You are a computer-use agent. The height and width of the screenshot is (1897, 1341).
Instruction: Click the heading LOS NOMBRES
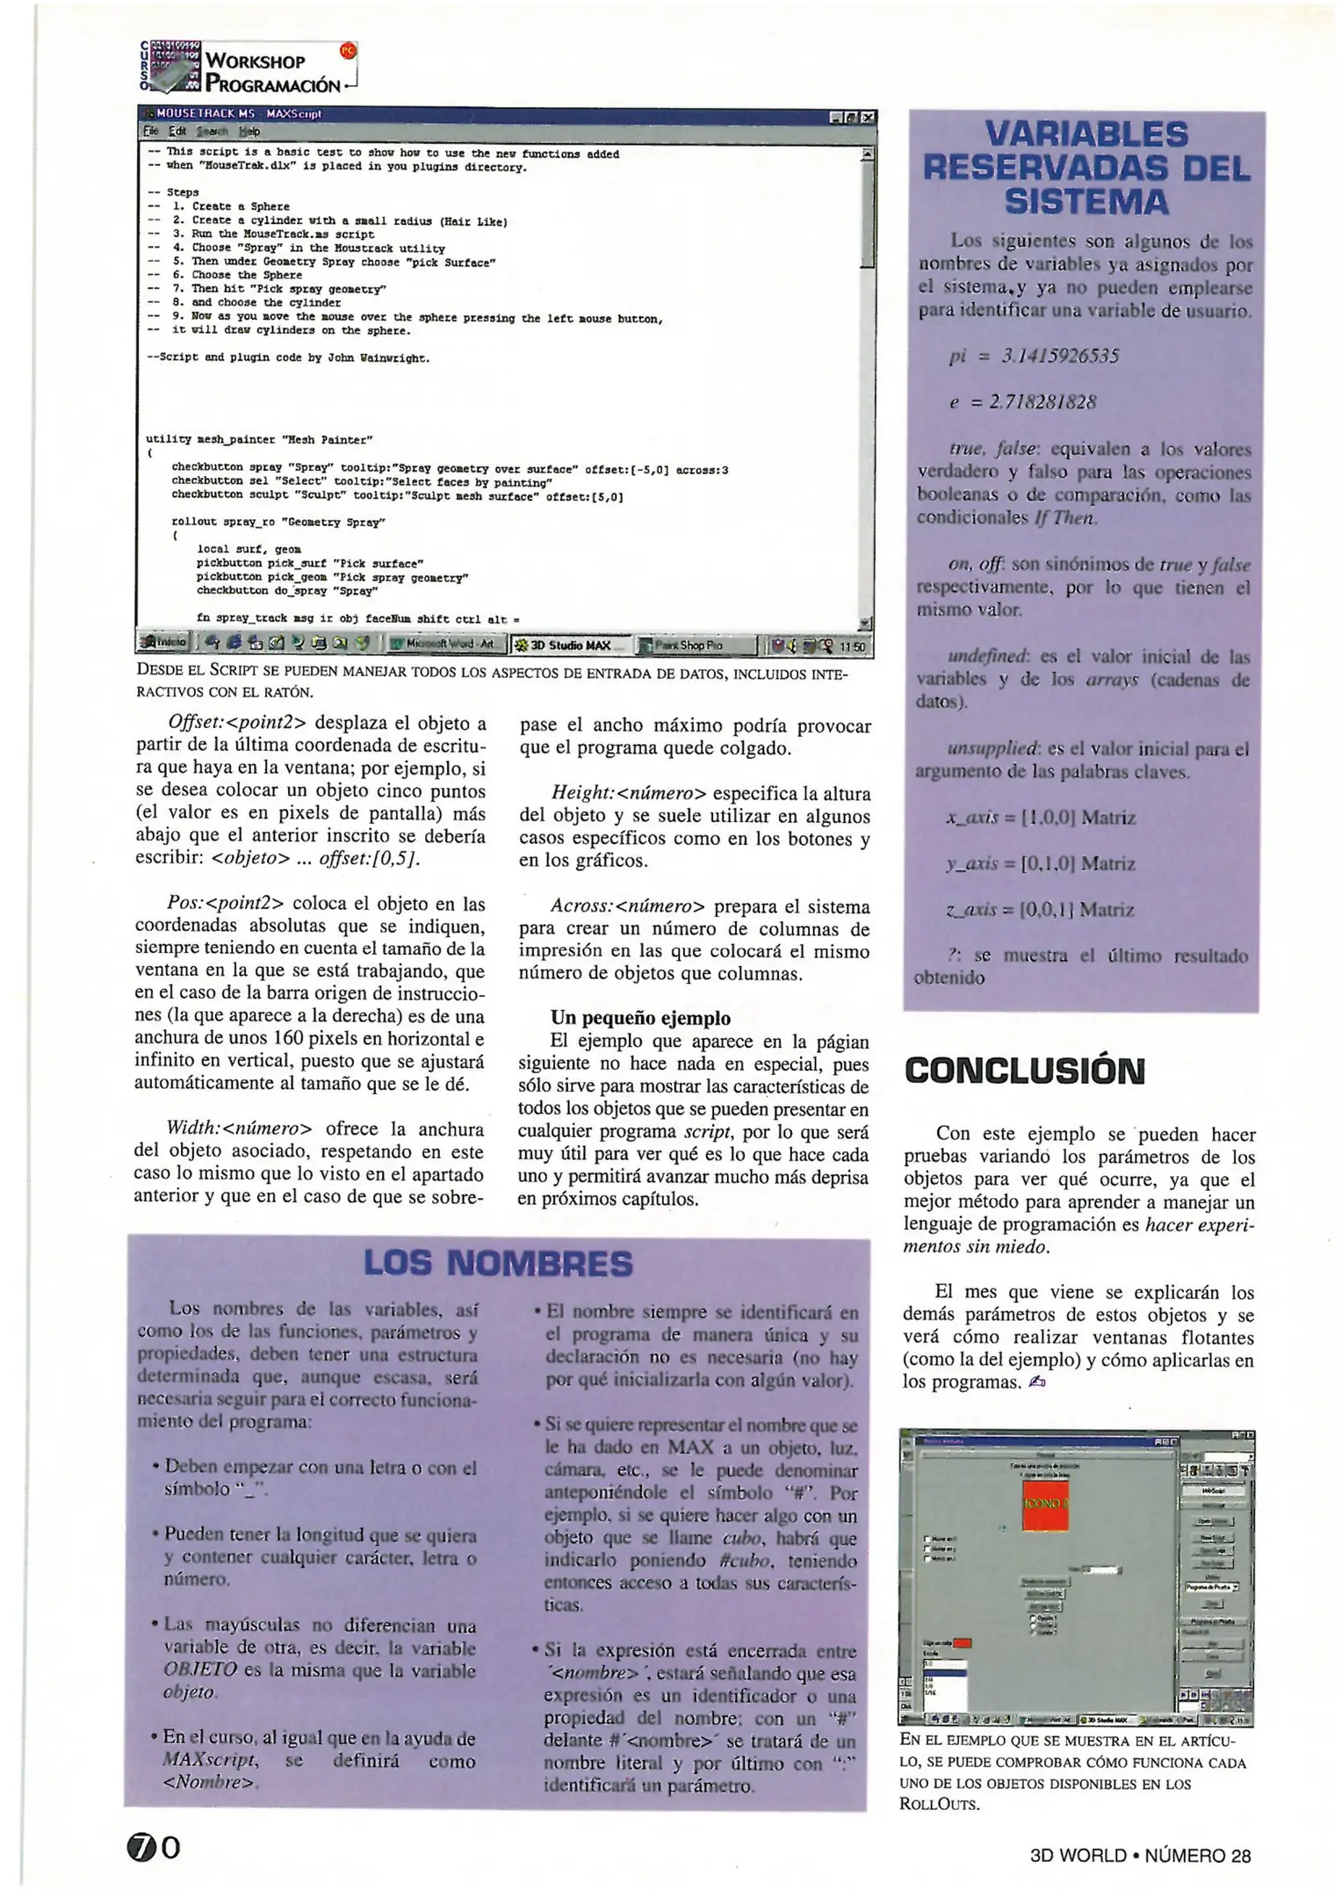[498, 1264]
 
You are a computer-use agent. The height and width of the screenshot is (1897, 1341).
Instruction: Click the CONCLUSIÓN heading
[1025, 1071]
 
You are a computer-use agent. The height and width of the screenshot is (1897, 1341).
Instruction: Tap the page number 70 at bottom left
[155, 1849]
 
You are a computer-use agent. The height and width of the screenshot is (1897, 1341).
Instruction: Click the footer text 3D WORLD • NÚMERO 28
[1140, 1856]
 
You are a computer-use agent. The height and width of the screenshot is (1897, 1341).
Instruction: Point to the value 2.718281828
[1042, 402]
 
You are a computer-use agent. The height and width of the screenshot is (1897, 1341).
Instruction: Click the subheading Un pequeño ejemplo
[640, 1019]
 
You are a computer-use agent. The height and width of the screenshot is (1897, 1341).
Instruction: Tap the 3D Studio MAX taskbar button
[571, 646]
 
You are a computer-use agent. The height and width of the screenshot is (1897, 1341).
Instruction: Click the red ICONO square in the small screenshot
[1045, 1504]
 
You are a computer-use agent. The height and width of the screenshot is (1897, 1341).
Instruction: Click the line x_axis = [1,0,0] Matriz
[1040, 819]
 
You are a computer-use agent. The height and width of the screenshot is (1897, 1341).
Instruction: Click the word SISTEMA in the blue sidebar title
[1086, 203]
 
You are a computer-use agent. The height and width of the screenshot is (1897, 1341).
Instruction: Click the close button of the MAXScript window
[868, 116]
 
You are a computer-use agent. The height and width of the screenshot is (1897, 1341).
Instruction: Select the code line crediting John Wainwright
[288, 358]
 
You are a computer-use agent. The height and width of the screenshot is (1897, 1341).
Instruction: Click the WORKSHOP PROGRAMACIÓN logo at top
[249, 69]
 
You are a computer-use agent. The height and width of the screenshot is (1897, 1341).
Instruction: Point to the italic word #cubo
[745, 1562]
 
